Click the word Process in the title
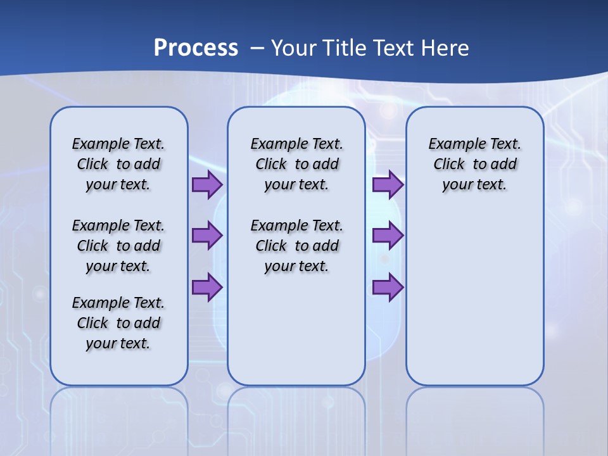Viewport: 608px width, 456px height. coord(196,47)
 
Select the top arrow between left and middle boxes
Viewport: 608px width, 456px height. coord(207,185)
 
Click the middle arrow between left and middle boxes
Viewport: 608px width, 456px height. coord(207,236)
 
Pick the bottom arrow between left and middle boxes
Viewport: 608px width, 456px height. coord(207,288)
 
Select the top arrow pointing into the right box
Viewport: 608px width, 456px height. coord(388,185)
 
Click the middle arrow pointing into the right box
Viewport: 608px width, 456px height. coord(388,236)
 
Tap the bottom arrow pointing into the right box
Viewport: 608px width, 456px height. coord(388,288)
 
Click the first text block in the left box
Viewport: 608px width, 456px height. coord(118,164)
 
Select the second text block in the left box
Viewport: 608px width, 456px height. coord(118,246)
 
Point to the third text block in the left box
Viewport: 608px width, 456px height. coord(118,323)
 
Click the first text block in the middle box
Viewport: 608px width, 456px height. coord(296,164)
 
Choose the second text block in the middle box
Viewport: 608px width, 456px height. coord(296,246)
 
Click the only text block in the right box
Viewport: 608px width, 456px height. coord(474,164)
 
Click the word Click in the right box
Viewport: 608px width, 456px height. coord(449,165)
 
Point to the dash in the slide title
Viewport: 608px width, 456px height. coord(257,48)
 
